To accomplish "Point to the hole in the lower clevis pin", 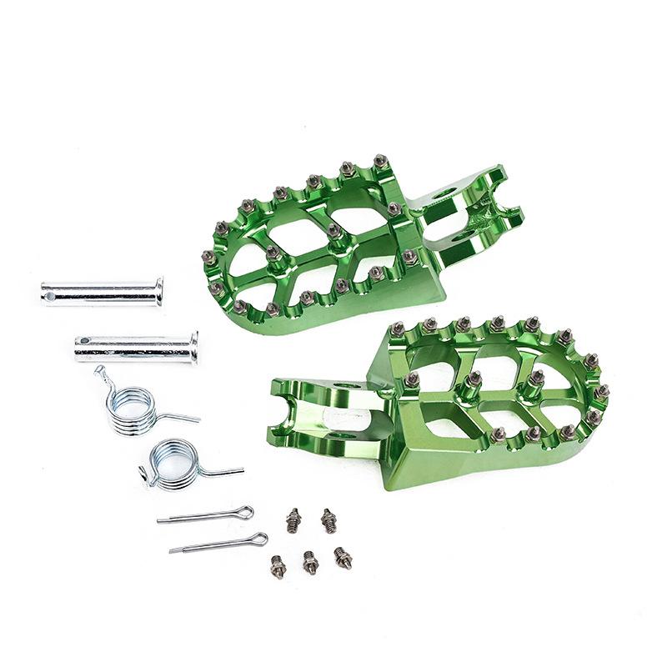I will [x=84, y=342].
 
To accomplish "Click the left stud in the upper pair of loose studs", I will [x=293, y=521].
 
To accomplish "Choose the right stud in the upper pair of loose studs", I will [x=328, y=521].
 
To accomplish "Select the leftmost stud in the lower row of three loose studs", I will [x=278, y=567].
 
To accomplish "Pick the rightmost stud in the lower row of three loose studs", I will [x=343, y=557].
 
